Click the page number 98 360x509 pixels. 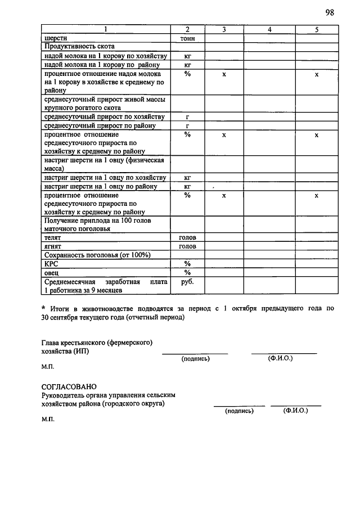(329, 13)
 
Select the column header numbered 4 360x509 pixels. (270, 29)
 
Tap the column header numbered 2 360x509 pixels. (187, 29)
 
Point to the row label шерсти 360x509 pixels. (55, 38)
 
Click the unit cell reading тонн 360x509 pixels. (187, 38)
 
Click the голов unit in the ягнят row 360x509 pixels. (187, 246)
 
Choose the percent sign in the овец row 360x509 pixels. (187, 273)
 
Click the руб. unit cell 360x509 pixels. (187, 282)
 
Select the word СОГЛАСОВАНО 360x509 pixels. (69, 386)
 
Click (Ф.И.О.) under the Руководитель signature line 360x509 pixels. (296, 411)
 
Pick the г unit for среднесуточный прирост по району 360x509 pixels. (187, 125)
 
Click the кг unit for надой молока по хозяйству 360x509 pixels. (187, 56)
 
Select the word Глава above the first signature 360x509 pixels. (53, 342)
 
